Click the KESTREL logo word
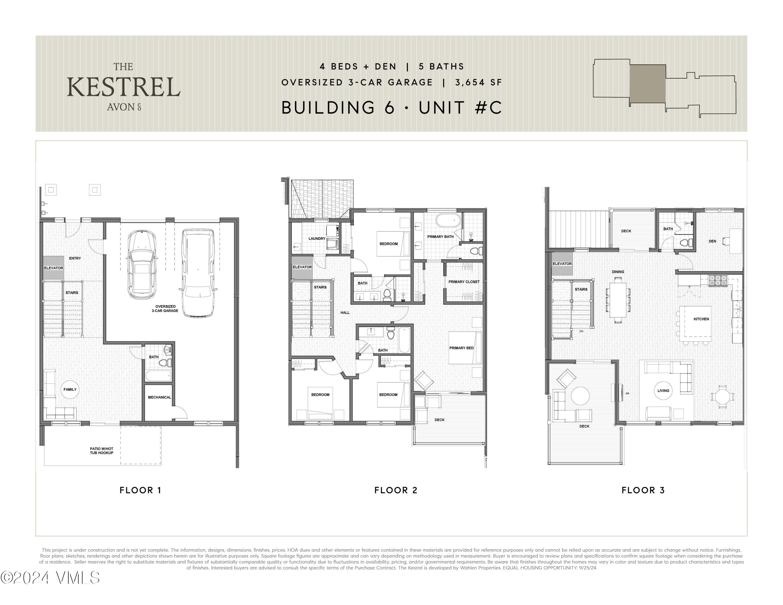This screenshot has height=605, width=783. pyautogui.click(x=123, y=87)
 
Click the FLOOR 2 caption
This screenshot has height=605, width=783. pyautogui.click(x=396, y=490)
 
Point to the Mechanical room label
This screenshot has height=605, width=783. pyautogui.click(x=159, y=397)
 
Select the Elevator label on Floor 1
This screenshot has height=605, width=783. pyautogui.click(x=54, y=268)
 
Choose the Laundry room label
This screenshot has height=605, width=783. pyautogui.click(x=317, y=238)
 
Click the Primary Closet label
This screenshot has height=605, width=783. pyautogui.click(x=464, y=282)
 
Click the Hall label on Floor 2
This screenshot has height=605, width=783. pyautogui.click(x=345, y=312)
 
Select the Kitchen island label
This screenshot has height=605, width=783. pyautogui.click(x=701, y=319)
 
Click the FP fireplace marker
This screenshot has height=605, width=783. pyautogui.click(x=627, y=394)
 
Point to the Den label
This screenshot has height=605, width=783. pyautogui.click(x=712, y=241)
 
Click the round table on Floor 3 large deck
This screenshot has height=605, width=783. pyautogui.click(x=580, y=396)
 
